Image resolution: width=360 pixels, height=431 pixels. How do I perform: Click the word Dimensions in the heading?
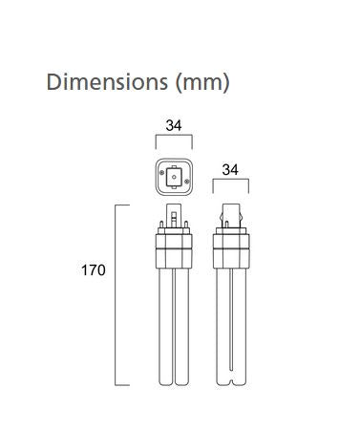click(x=107, y=82)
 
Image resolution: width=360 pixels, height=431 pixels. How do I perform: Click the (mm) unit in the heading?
click(x=202, y=83)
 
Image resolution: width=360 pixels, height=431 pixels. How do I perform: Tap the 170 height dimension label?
click(x=94, y=270)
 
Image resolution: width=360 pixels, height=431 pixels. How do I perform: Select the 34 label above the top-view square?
click(x=174, y=125)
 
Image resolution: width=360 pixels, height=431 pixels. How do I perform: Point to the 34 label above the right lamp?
click(x=230, y=170)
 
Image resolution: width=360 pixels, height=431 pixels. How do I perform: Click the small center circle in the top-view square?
click(x=174, y=177)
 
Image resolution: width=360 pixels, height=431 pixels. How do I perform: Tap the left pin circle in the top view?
click(x=162, y=172)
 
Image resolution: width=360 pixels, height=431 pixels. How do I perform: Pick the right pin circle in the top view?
click(x=186, y=182)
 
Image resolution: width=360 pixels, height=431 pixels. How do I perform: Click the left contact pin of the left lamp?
click(x=161, y=225)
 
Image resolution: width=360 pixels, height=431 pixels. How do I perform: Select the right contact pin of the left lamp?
click(x=186, y=225)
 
